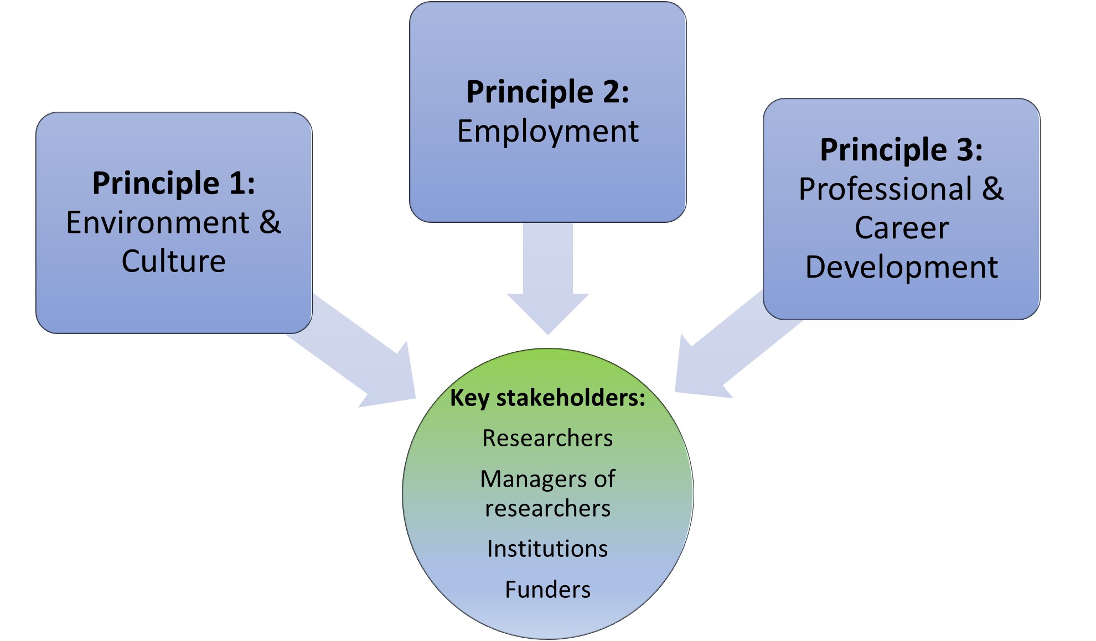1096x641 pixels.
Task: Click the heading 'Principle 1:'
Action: point(174,183)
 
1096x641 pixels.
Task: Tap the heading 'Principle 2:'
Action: point(547,92)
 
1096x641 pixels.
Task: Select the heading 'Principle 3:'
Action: point(901,150)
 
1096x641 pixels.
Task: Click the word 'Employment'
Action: point(547,132)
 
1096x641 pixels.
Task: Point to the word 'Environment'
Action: point(158,223)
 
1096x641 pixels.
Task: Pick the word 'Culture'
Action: point(174,262)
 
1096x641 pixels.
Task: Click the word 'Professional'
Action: point(886,189)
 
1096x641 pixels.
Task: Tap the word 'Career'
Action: point(901,228)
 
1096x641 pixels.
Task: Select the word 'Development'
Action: point(901,268)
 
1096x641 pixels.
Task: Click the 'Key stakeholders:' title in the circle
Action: point(547,398)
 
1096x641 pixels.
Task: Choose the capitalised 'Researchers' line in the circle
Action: point(547,438)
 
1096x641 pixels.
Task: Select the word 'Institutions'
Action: point(547,549)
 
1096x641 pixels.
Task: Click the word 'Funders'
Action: point(547,590)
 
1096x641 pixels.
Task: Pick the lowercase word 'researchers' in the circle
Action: point(547,508)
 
